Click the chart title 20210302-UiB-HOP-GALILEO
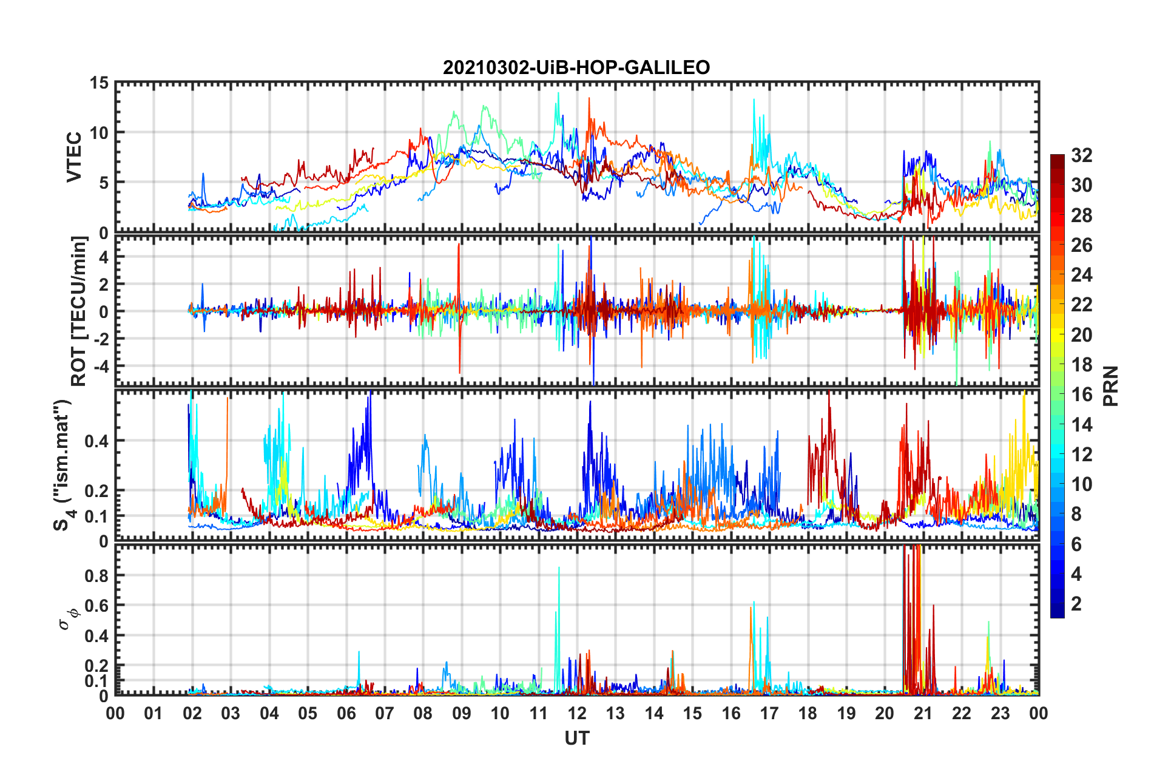point(576,67)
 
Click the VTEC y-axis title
point(74,157)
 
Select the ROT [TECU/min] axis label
point(79,311)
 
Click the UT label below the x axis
point(576,738)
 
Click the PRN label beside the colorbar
point(1110,386)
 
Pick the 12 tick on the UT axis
point(577,713)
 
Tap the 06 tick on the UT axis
point(346,713)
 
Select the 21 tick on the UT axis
point(923,713)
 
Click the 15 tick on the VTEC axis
point(98,83)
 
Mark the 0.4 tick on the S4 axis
point(96,441)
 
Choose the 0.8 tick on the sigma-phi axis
point(96,576)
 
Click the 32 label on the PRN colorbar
point(1081,155)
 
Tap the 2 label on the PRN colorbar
point(1076,604)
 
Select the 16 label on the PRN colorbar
point(1081,394)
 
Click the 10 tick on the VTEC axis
point(98,133)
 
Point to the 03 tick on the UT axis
point(231,713)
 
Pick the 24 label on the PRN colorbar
point(1081,275)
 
